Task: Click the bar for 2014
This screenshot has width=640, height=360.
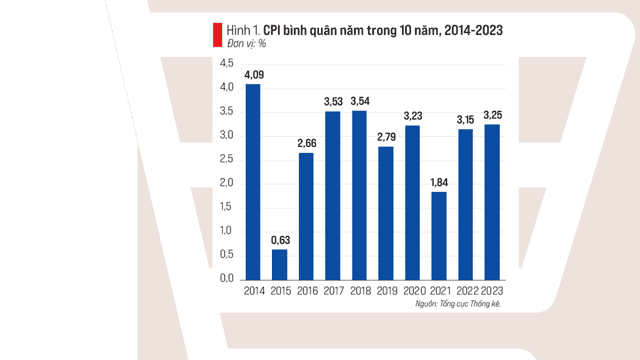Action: pyautogui.click(x=253, y=182)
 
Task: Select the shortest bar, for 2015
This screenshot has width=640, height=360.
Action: pyautogui.click(x=280, y=265)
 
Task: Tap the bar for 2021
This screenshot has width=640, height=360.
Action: pyautogui.click(x=439, y=236)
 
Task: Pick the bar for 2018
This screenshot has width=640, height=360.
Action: pyautogui.click(x=359, y=196)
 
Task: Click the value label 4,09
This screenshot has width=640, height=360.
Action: pyautogui.click(x=254, y=75)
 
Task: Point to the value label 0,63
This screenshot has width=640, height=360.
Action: pyautogui.click(x=280, y=240)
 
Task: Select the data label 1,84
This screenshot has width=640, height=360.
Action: pyautogui.click(x=439, y=182)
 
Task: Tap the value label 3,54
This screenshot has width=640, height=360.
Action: pyautogui.click(x=360, y=101)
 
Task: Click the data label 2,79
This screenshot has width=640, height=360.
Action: pyautogui.click(x=387, y=137)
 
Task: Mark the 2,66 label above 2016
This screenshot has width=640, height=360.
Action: pyautogui.click(x=307, y=143)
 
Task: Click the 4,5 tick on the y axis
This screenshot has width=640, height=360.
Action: pyautogui.click(x=227, y=63)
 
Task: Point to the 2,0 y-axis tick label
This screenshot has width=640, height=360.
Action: pyautogui.click(x=227, y=183)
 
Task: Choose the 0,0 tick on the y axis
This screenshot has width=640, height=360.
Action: pyautogui.click(x=227, y=278)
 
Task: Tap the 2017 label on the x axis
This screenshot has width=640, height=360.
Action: pyautogui.click(x=334, y=291)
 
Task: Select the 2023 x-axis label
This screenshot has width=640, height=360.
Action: pyautogui.click(x=492, y=291)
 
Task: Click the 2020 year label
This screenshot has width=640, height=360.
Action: pyautogui.click(x=414, y=291)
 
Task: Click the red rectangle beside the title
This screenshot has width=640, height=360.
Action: pyautogui.click(x=218, y=35)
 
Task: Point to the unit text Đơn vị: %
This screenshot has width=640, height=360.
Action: pyautogui.click(x=247, y=44)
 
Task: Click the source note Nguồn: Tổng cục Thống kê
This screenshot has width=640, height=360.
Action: pyautogui.click(x=458, y=304)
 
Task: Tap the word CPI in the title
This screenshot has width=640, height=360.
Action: pyautogui.click(x=272, y=30)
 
